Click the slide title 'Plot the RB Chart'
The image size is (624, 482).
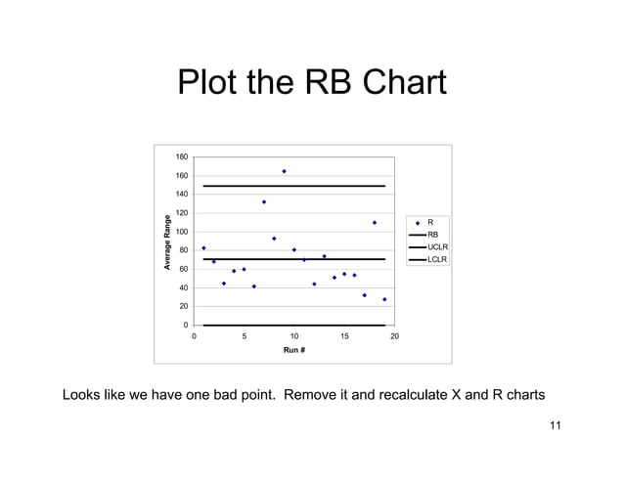coord(311,84)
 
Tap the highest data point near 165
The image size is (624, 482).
coord(284,171)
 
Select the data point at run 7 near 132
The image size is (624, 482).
coord(264,202)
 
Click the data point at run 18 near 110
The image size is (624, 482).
coord(375,223)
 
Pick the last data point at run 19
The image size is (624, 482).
coord(384,299)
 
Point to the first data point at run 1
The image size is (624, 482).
coord(203,248)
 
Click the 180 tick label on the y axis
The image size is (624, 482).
coord(182,157)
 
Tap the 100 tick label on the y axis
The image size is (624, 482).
coord(182,232)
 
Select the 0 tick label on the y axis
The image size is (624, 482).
coord(186,326)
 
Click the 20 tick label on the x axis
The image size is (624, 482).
coord(394,336)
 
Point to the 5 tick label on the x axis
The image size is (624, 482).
coord(244,336)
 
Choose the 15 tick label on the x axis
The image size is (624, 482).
coord(344,336)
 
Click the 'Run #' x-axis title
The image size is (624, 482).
coord(294,349)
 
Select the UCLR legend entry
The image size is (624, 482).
coord(436,247)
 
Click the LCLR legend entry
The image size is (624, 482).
coord(436,260)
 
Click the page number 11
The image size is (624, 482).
coord(556,424)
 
